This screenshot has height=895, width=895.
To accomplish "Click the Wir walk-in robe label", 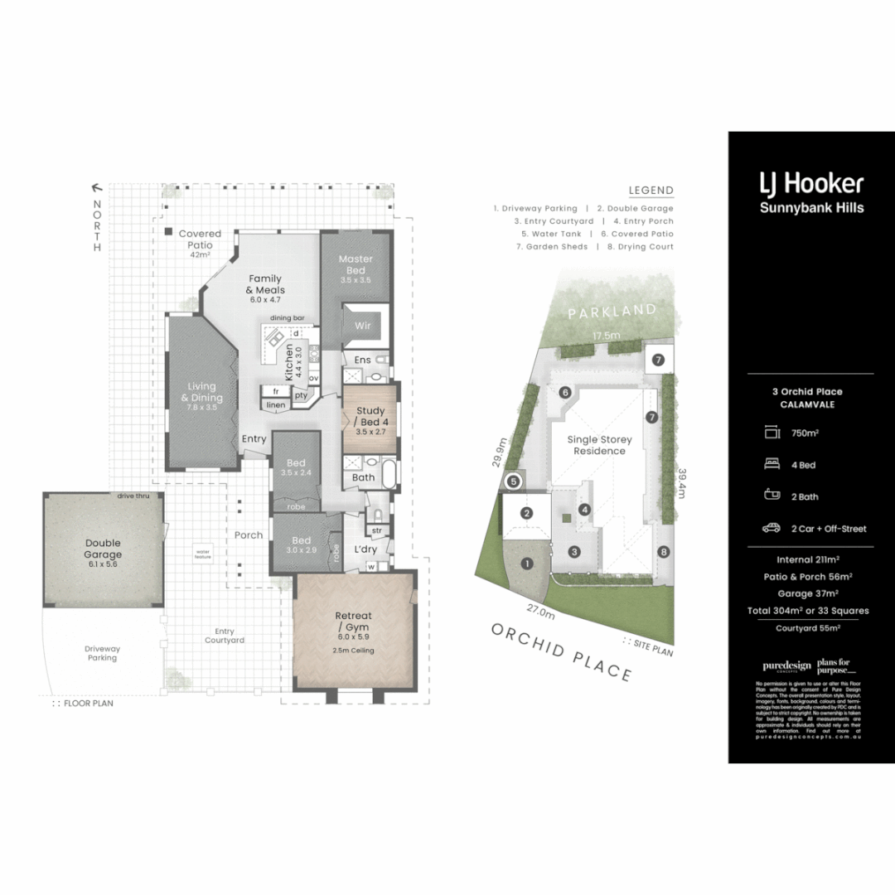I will (363, 326).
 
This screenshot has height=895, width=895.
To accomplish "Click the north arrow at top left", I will (97, 188).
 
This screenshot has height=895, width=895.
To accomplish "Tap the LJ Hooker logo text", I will (811, 183).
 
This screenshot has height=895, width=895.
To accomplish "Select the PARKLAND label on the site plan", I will (612, 312).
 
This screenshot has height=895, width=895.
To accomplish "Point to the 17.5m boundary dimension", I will (607, 336).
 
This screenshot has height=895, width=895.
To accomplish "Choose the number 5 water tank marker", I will (513, 481).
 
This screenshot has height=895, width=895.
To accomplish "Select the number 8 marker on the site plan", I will (663, 552).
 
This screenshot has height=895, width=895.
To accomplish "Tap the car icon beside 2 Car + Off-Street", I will (772, 528).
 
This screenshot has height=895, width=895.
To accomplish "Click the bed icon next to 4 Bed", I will (772, 465).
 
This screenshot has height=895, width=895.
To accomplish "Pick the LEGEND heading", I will (651, 191).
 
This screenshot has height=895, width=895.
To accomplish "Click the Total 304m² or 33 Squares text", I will (811, 611).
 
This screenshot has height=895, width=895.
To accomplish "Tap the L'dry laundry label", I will (365, 549).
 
